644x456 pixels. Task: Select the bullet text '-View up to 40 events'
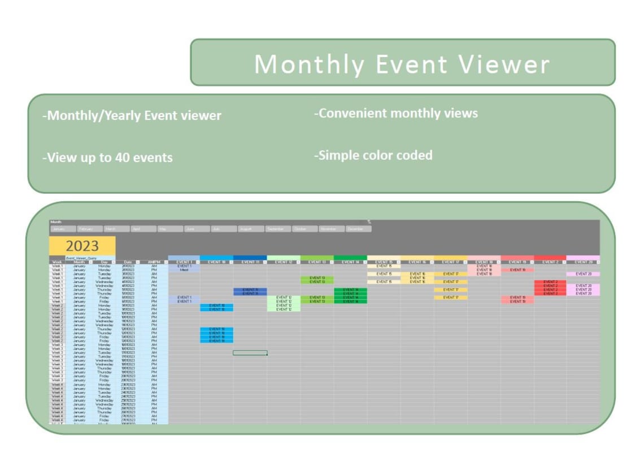[107, 158]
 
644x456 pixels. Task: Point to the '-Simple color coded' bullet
[373, 155]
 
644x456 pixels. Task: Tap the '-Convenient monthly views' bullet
[395, 113]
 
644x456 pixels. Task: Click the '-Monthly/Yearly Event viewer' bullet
[132, 116]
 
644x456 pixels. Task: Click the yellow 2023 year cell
[82, 246]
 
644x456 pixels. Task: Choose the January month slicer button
[63, 229]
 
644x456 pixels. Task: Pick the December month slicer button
[358, 229]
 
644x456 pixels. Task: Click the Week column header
[57, 262]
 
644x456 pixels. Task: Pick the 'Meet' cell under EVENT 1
[184, 270]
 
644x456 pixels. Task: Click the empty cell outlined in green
[250, 353]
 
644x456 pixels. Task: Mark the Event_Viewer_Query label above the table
[81, 258]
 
